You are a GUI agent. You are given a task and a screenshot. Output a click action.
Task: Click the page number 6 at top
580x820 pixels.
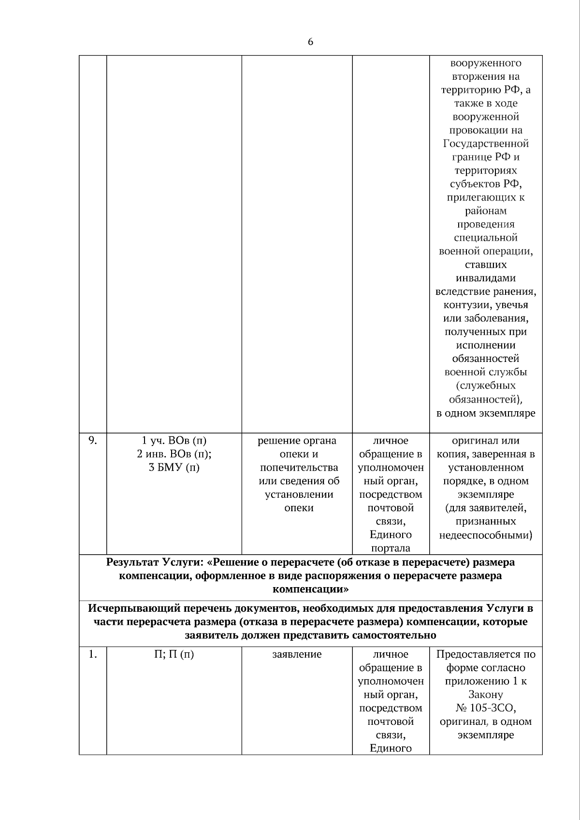click(x=310, y=42)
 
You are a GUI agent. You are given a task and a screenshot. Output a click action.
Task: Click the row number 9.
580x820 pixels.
click(x=92, y=440)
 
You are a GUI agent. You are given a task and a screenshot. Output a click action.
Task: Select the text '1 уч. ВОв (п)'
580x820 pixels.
click(x=174, y=441)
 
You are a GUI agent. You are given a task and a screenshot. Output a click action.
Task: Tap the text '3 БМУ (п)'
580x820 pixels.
click(x=174, y=467)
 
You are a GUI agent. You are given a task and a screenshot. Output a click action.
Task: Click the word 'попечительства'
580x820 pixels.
click(x=299, y=467)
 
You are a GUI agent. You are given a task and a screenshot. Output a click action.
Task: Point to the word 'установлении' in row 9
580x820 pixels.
click(x=299, y=494)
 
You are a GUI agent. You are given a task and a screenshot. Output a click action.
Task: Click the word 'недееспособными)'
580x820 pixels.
click(x=485, y=535)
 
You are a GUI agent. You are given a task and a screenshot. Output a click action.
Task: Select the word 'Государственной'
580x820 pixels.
click(x=485, y=144)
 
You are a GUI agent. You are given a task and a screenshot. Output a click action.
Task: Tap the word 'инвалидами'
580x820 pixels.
click(x=485, y=278)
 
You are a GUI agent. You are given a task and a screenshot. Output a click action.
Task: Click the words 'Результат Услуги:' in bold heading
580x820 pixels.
click(x=155, y=562)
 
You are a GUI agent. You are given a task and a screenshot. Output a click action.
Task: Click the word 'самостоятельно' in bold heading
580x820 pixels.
click(x=399, y=635)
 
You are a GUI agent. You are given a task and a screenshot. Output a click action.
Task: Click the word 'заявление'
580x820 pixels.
click(x=297, y=654)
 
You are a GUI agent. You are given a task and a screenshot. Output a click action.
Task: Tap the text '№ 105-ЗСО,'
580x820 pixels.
click(x=485, y=708)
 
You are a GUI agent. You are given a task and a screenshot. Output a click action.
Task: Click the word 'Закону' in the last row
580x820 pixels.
click(x=485, y=695)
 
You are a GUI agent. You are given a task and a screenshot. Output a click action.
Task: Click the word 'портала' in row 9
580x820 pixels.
click(x=391, y=548)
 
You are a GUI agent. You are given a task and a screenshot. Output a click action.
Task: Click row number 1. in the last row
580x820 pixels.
click(x=92, y=654)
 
